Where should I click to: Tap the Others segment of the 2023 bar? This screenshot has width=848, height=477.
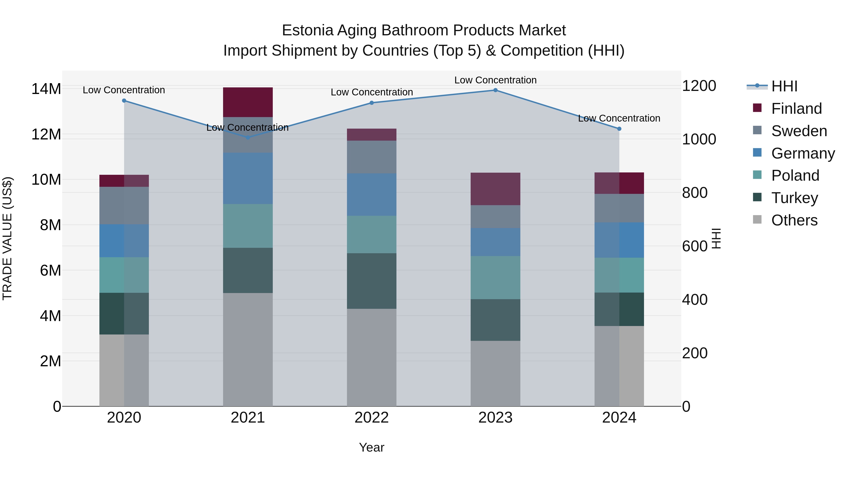pos(495,373)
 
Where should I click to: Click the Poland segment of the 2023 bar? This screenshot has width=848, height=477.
pos(495,277)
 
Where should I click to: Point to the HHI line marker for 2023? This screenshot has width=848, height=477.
pos(495,90)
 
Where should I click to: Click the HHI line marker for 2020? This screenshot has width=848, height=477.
pos(124,101)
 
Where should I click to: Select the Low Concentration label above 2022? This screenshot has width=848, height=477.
pos(372,92)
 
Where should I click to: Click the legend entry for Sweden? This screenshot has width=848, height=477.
pos(799,131)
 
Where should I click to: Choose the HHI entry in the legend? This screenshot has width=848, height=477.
pos(784,86)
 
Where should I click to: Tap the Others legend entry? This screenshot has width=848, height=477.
pos(794,220)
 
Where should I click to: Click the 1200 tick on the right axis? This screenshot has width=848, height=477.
pos(699,86)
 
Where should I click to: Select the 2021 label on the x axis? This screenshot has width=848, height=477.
pos(248,418)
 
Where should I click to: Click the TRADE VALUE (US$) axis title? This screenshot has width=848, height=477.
pos(7,238)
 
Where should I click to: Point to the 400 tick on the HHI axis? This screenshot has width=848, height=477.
pos(695,300)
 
